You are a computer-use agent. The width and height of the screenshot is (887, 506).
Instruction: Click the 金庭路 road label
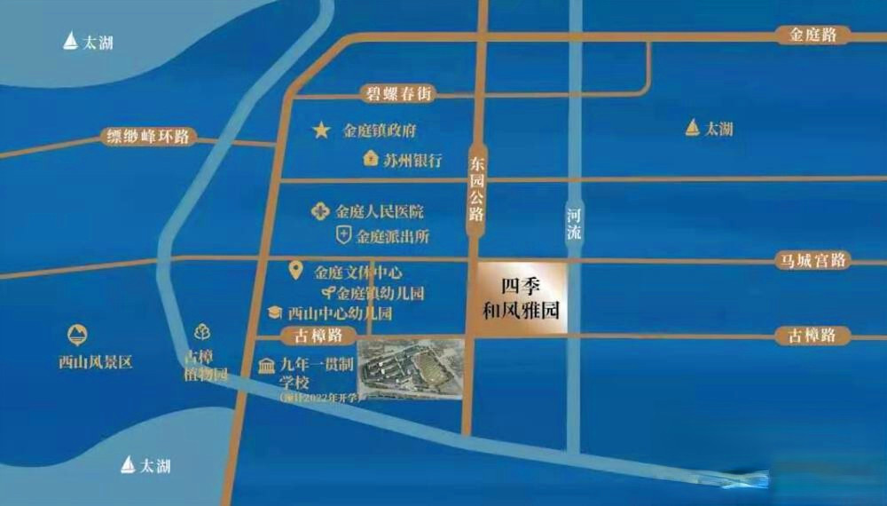pos(812,36)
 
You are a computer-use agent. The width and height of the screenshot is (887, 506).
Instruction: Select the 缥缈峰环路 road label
pos(147,137)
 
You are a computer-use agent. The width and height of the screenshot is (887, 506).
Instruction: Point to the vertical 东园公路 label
pos(477,187)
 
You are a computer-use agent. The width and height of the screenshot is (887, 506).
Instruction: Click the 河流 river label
pos(576,223)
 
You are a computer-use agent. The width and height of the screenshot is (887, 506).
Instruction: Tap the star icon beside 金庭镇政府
pos(320,130)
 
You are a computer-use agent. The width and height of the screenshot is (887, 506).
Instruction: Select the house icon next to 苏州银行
pos(371,160)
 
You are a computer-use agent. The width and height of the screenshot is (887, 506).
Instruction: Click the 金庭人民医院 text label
pos(380,212)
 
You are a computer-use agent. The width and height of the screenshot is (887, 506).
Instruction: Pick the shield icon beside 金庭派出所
pos(342,236)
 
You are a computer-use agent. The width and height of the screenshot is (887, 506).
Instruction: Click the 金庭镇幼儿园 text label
pos(380,293)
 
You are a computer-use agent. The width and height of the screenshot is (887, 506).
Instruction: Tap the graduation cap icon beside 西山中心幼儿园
pos(275,313)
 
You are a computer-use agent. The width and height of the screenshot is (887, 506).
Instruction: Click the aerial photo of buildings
pos(411,368)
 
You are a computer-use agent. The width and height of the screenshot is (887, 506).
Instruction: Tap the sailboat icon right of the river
pos(693,128)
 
